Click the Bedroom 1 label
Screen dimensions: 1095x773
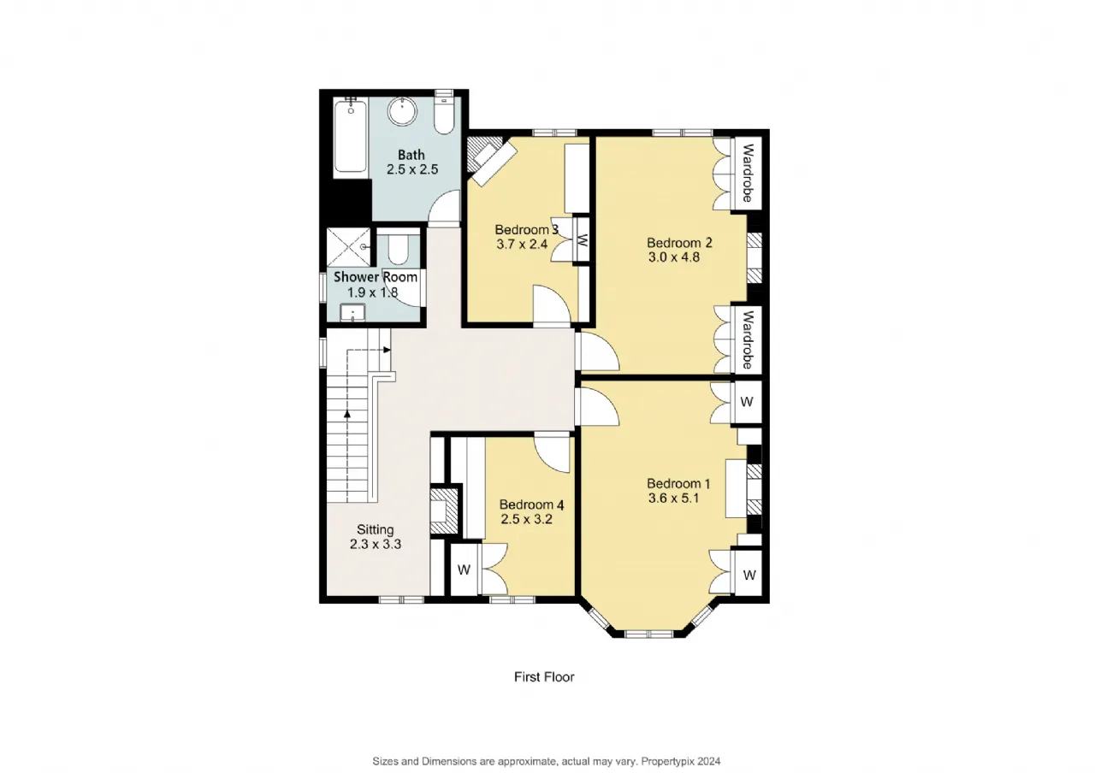678,483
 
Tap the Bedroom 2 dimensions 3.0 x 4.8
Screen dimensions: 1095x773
673,257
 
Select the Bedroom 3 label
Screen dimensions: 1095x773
526,229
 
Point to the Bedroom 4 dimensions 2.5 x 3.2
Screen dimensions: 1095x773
526,519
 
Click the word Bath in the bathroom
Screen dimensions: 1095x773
411,155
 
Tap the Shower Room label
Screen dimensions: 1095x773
376,277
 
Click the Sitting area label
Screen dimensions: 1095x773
375,529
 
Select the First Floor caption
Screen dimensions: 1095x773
544,676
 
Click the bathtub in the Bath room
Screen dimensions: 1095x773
351,135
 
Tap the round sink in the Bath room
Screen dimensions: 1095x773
402,111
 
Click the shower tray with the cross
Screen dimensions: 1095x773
348,247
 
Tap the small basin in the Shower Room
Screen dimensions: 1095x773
352,313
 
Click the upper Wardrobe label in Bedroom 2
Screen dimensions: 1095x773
747,173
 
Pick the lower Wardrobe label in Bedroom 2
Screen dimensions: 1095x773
748,340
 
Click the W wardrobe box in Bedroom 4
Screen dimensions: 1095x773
464,569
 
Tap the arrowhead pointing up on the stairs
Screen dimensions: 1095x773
347,414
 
